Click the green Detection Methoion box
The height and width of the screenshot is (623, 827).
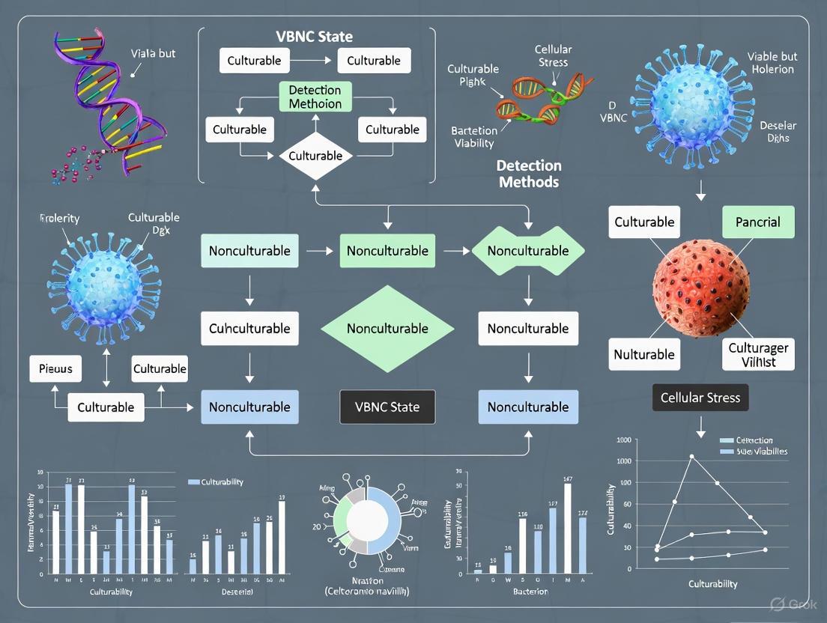[x=315, y=97]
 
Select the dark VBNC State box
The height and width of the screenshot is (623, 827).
[x=387, y=407]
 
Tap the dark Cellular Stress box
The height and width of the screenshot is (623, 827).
[x=700, y=398]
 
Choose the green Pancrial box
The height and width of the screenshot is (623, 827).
[x=757, y=222]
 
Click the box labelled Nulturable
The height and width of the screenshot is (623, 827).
[x=644, y=354]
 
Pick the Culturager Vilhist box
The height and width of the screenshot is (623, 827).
[x=758, y=354]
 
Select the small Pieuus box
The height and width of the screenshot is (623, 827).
[x=55, y=368]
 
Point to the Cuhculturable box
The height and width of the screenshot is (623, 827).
[x=249, y=328]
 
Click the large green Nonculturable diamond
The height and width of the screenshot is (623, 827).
[x=387, y=328]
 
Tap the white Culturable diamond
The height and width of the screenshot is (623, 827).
[x=315, y=156]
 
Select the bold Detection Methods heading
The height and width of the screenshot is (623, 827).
[x=529, y=174]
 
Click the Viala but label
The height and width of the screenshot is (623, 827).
[x=153, y=53]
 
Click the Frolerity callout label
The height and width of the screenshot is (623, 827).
[x=59, y=219]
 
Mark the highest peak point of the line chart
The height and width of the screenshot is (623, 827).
[x=691, y=456]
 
